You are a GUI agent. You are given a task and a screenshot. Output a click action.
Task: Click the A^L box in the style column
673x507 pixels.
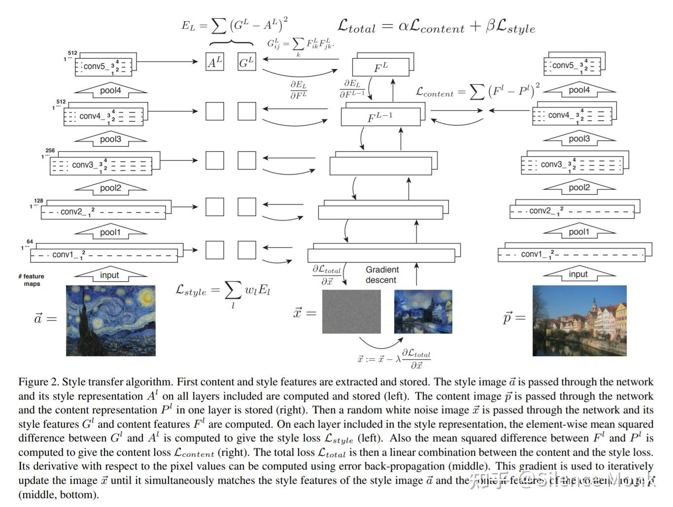pyautogui.click(x=214, y=62)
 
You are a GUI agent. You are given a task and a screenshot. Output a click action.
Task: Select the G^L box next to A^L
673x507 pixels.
pyautogui.click(x=246, y=62)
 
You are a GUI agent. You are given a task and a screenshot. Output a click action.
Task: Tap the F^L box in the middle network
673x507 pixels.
pyautogui.click(x=380, y=68)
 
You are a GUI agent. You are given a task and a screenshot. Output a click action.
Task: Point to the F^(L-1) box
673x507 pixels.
pyautogui.click(x=380, y=117)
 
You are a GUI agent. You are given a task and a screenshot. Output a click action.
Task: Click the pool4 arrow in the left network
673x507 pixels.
pyautogui.click(x=110, y=91)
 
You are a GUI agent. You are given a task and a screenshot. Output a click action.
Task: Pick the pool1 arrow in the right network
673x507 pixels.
pyautogui.click(x=579, y=232)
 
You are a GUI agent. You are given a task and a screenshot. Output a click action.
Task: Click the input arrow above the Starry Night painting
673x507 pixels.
pyautogui.click(x=110, y=275)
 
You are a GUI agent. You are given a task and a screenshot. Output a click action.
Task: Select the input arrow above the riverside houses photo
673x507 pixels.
pyautogui.click(x=578, y=274)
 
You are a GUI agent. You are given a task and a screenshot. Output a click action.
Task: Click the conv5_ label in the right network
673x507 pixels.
pyautogui.click(x=563, y=65)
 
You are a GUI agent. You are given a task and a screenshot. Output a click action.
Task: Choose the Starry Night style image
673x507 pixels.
pyautogui.click(x=111, y=320)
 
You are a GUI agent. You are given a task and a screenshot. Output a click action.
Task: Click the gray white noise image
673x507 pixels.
pyautogui.click(x=351, y=311)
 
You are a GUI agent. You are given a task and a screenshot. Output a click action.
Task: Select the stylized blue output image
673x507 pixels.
pyautogui.click(x=423, y=311)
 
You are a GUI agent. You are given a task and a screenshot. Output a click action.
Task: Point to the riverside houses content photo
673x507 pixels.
pyautogui.click(x=579, y=320)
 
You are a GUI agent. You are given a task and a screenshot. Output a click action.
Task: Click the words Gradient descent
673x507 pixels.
pyautogui.click(x=382, y=275)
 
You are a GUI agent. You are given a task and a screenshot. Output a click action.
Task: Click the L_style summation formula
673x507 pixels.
pyautogui.click(x=223, y=292)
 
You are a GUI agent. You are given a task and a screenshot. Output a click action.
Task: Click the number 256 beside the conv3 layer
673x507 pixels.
pyautogui.click(x=50, y=151)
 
